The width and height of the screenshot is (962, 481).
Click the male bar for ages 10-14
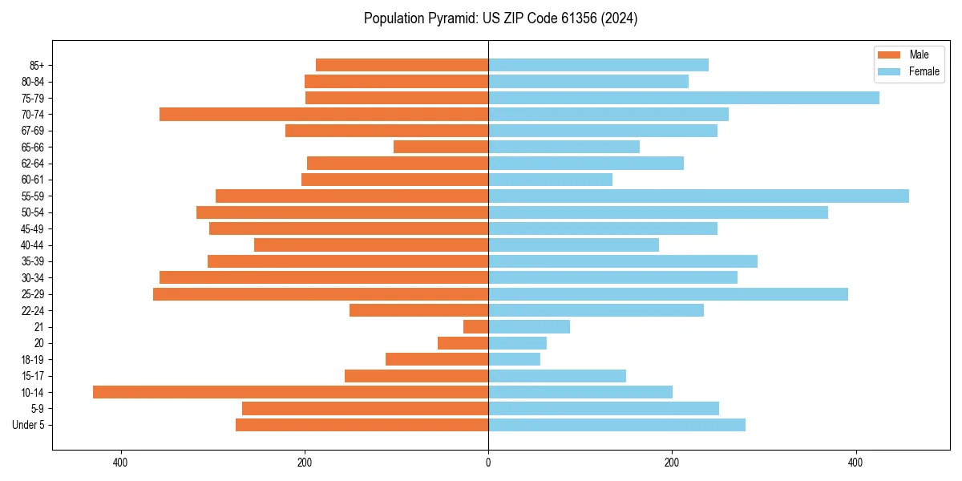pyautogui.click(x=290, y=392)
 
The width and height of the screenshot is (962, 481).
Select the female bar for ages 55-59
pyautogui.click(x=698, y=196)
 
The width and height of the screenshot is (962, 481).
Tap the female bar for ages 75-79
pyautogui.click(x=684, y=98)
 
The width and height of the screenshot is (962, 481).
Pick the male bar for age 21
pyautogui.click(x=476, y=327)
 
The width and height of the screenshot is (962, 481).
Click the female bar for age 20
pyautogui.click(x=517, y=343)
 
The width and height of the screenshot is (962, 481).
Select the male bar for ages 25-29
pyautogui.click(x=321, y=294)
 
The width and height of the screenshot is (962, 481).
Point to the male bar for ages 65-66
pyautogui.click(x=441, y=147)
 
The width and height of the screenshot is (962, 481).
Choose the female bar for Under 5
pyautogui.click(x=616, y=425)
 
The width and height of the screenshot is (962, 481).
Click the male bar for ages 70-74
pyautogui.click(x=324, y=115)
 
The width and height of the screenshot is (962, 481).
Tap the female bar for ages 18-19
pyautogui.click(x=514, y=360)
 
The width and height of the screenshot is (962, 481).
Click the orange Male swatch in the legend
pyautogui.click(x=890, y=55)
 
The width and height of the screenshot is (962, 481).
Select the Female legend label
pyautogui.click(x=924, y=71)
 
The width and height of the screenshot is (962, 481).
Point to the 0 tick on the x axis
pyautogui.click(x=488, y=463)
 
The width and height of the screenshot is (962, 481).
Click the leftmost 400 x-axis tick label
pyautogui.click(x=121, y=463)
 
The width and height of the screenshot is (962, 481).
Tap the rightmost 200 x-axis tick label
pyautogui.click(x=672, y=463)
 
